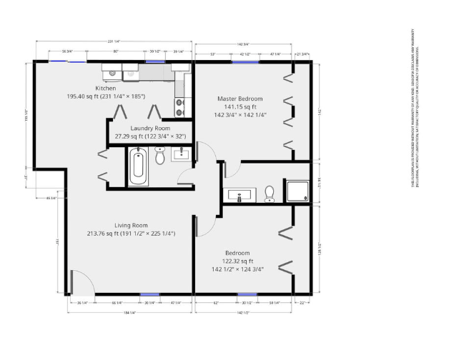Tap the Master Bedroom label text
240,99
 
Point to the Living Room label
131,224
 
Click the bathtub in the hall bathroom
138,166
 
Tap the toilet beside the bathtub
160,155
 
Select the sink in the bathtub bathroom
182,152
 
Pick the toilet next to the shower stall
270,193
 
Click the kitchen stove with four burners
180,106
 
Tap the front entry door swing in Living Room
80,281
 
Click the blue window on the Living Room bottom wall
149,294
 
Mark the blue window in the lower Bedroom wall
247,294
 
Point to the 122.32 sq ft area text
237,261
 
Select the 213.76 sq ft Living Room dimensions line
131,234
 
